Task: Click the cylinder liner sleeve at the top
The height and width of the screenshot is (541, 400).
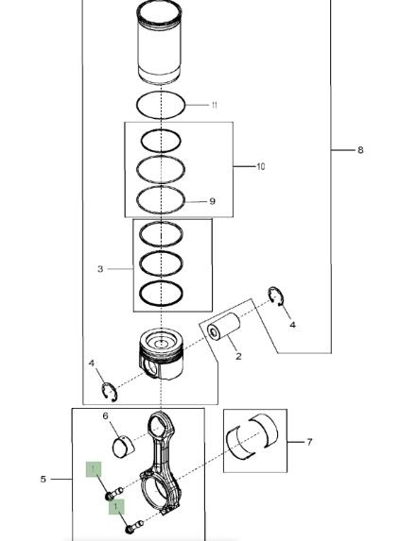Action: tap(159, 42)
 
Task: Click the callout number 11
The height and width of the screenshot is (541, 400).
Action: tap(215, 105)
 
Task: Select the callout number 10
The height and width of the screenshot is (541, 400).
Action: tap(261, 167)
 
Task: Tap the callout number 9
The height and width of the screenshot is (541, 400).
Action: tap(213, 201)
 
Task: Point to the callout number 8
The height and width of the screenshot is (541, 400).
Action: tap(360, 150)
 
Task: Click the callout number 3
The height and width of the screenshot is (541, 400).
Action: tap(100, 269)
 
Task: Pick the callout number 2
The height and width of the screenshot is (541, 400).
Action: tap(238, 356)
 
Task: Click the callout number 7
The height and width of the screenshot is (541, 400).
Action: tap(309, 442)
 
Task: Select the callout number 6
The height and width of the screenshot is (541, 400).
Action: tap(106, 416)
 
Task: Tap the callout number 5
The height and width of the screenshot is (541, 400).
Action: tap(43, 480)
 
